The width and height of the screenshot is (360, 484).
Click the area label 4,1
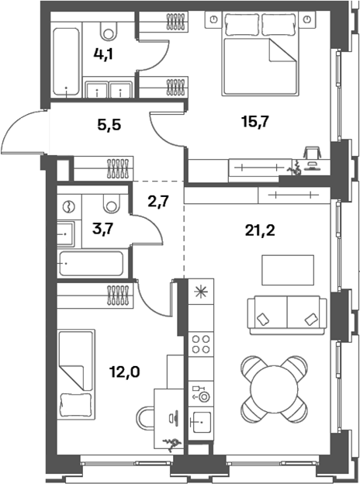tap(107, 56)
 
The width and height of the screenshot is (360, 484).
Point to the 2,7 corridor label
tap(160, 202)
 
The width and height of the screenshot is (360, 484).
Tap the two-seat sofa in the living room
tap(286, 313)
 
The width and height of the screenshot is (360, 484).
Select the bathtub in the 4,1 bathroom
tap(66, 62)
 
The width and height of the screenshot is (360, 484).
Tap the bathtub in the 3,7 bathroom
tap(92, 264)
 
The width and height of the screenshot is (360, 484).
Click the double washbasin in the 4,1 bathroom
tap(109, 90)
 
